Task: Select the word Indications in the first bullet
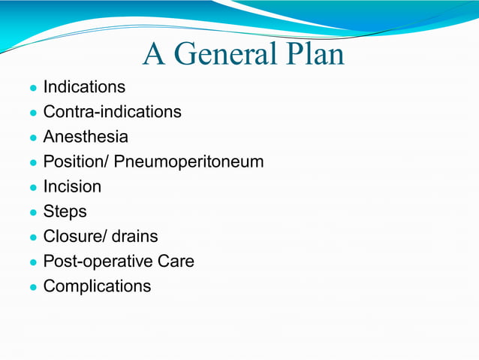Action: (x=84, y=87)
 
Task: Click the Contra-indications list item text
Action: (x=112, y=112)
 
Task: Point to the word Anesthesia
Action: (x=86, y=137)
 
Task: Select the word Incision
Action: (x=72, y=186)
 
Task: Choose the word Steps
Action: (x=65, y=211)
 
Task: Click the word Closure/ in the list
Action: (x=75, y=236)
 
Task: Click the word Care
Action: (x=175, y=261)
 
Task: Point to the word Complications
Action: (x=97, y=286)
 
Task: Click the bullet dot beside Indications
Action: (x=33, y=89)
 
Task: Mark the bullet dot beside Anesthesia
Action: (x=33, y=138)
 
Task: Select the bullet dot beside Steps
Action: (x=33, y=213)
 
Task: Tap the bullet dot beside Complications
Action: (x=33, y=287)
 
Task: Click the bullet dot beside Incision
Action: (x=33, y=188)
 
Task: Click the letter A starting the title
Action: (x=154, y=54)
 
